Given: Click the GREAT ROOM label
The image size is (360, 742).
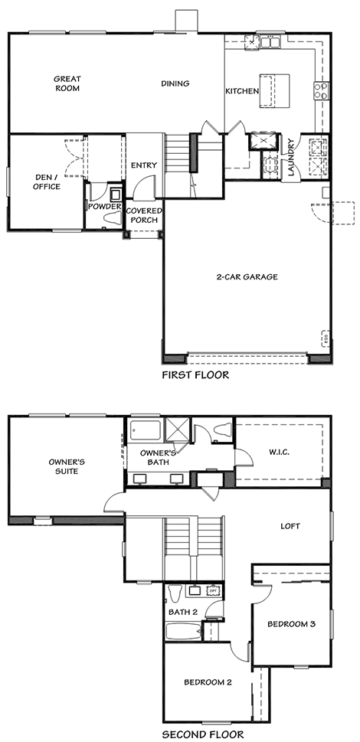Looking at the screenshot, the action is click(x=67, y=83).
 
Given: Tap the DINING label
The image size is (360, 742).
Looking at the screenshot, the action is click(x=175, y=83).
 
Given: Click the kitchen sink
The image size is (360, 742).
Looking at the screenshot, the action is click(x=270, y=42).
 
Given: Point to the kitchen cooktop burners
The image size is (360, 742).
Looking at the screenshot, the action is click(x=321, y=90).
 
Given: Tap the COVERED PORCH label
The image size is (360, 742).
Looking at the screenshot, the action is click(x=144, y=215).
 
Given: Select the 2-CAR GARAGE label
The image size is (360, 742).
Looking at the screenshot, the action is click(x=247, y=277).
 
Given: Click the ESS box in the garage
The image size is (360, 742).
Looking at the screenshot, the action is click(x=325, y=338).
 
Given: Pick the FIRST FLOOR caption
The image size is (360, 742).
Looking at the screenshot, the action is click(x=195, y=375).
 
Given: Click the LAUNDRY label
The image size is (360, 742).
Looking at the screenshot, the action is click(x=290, y=157).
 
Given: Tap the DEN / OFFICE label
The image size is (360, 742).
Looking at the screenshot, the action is click(x=47, y=181).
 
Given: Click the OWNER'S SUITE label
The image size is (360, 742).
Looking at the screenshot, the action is click(x=67, y=466).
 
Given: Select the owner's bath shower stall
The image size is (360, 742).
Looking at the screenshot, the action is click(x=178, y=430).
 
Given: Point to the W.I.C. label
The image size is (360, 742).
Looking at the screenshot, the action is click(x=279, y=453).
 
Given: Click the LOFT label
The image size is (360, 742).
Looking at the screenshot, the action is click(x=290, y=526).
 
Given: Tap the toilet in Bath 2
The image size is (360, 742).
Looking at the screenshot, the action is click(x=175, y=593).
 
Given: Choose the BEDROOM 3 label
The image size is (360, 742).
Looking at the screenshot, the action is click(x=291, y=624).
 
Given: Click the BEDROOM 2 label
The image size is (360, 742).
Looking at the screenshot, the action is click(x=208, y=682).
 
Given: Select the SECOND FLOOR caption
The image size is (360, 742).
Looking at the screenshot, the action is click(x=203, y=735).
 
